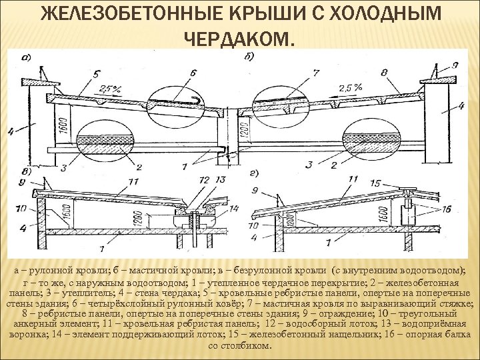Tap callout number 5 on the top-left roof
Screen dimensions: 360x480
tap(97, 73)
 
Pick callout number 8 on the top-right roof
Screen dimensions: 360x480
tap(385, 72)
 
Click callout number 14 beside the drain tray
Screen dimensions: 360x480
tap(233, 209)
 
